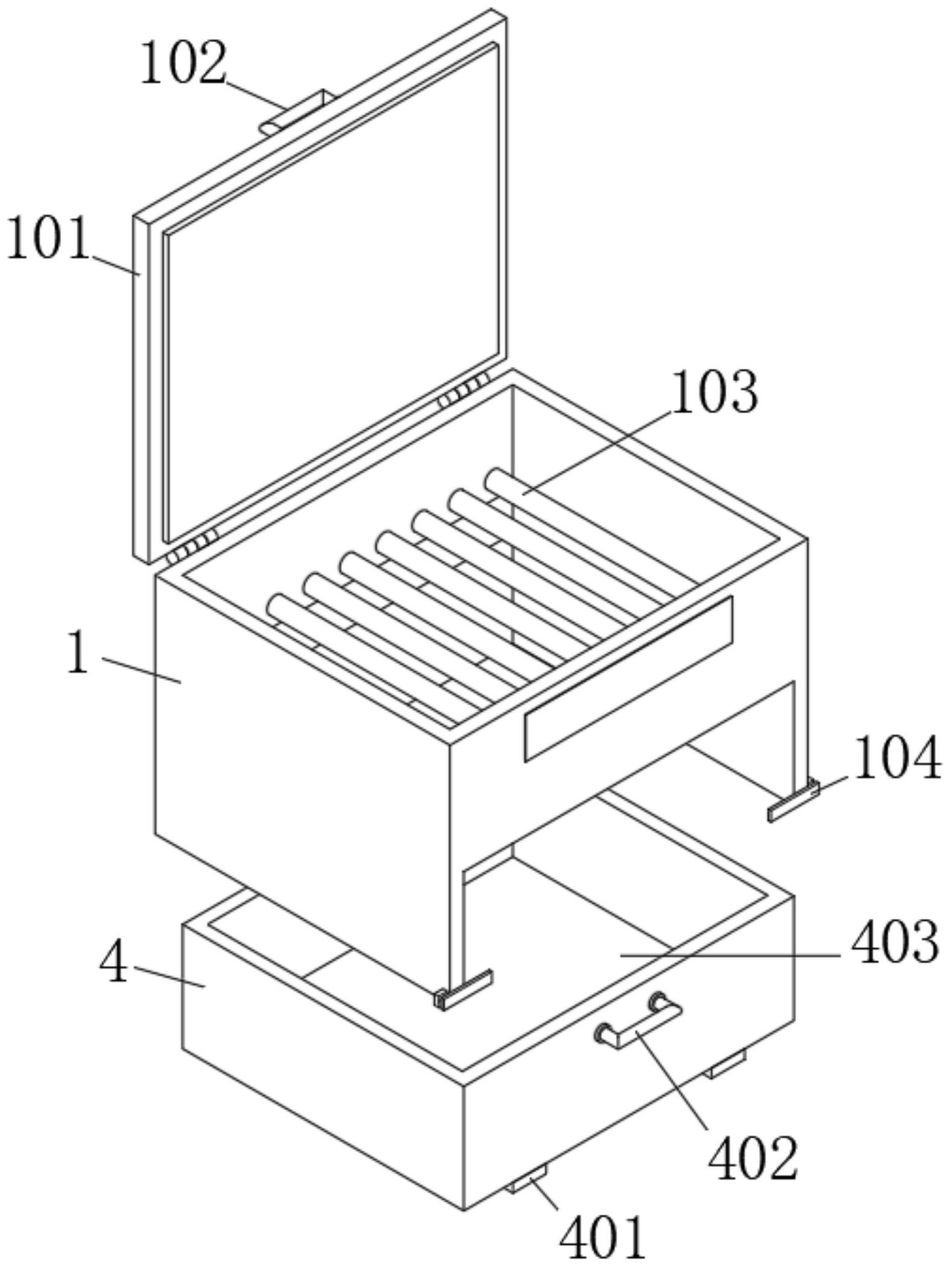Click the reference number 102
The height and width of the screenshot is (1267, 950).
click(183, 62)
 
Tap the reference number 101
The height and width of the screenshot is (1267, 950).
click(48, 239)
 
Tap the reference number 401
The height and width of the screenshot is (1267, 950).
click(603, 1239)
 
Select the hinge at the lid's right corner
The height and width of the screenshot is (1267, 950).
click(463, 392)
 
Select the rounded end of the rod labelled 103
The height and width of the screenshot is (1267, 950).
click(496, 481)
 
